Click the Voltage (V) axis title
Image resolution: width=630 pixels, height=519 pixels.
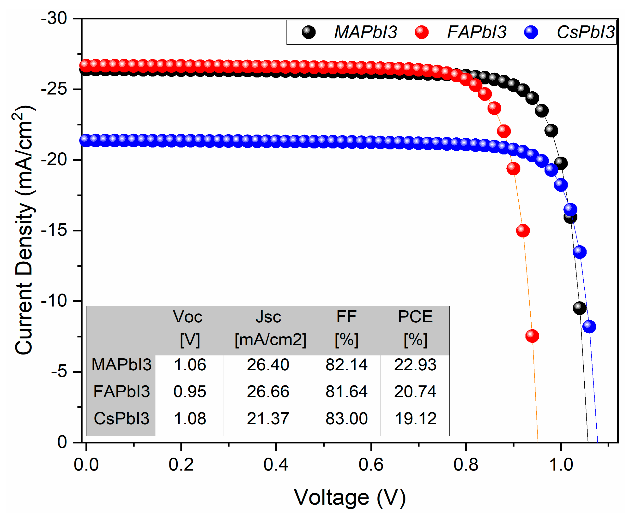click(350, 498)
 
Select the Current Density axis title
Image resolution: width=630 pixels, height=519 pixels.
click(24, 230)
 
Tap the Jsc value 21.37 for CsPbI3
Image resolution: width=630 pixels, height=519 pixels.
click(268, 419)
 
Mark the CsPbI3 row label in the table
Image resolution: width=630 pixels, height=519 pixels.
click(121, 419)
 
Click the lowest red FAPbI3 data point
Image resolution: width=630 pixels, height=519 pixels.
click(532, 336)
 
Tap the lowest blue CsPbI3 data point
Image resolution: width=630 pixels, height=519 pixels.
click(589, 326)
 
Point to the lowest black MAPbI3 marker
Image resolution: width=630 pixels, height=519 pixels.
click(579, 308)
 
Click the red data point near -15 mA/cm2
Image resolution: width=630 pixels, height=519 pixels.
click(522, 230)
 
